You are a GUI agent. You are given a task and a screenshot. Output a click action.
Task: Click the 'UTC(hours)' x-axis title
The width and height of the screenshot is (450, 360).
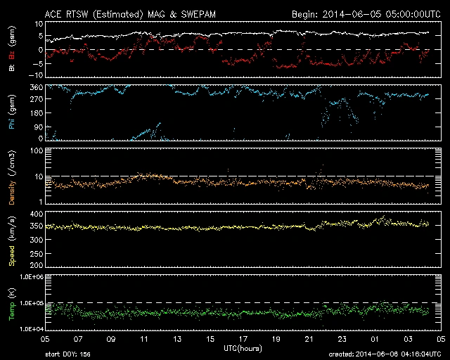(243, 347)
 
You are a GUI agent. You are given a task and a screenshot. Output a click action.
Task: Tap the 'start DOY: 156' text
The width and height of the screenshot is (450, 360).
(67, 354)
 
